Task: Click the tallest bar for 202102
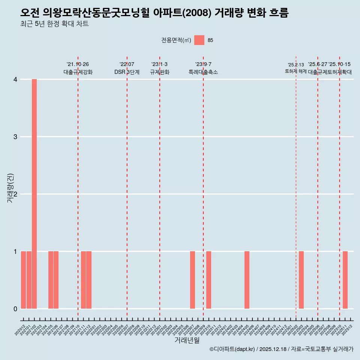34,194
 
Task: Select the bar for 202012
23,280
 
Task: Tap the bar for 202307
192,280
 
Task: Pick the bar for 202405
247,280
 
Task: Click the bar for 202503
301,280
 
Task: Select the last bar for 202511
345,280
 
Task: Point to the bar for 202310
208,280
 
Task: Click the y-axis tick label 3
15,136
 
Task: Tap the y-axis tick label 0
15,309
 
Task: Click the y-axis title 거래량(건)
10,187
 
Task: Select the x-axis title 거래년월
187,340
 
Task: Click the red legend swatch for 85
199,40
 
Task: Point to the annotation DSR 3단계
127,72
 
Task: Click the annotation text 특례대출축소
203,72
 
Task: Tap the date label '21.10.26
78,64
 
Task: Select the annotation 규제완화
159,72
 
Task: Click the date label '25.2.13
296,65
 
